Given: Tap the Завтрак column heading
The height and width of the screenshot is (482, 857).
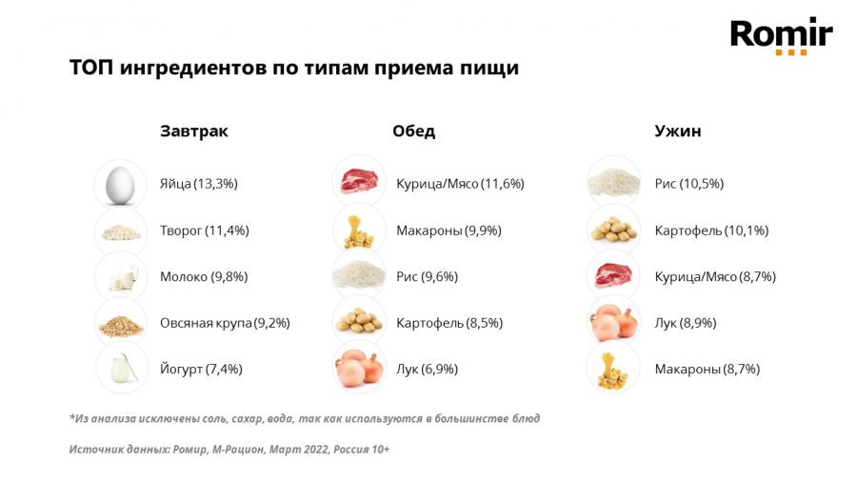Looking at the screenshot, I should (194, 131).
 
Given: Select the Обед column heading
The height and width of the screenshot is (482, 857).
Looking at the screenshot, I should (413, 131).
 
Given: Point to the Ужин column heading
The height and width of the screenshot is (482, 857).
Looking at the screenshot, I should (677, 131).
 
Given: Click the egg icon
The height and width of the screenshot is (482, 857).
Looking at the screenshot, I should (121, 184).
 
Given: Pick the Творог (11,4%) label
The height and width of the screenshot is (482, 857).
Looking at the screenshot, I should (204, 231).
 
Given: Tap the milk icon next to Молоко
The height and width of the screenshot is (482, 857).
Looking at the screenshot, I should (121, 276).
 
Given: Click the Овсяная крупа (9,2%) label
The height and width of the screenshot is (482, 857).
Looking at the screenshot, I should (225, 323).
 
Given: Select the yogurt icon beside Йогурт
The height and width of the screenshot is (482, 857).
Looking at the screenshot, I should (121, 369).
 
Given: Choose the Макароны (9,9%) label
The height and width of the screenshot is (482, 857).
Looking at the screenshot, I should (448, 231).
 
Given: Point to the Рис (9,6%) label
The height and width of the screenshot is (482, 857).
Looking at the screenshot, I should (427, 276).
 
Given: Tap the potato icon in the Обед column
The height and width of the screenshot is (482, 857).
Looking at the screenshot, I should (358, 322).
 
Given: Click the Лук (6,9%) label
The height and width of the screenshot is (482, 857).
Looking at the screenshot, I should (427, 369).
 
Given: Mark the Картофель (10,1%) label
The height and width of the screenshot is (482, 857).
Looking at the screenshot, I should (711, 231).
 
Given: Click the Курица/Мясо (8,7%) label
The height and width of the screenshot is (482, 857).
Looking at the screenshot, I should (715, 276).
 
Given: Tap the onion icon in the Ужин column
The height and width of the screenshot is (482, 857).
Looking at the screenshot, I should (612, 322).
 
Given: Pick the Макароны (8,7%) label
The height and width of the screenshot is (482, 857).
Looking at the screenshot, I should (707, 369).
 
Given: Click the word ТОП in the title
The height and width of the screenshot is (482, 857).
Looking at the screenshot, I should (91, 69).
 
